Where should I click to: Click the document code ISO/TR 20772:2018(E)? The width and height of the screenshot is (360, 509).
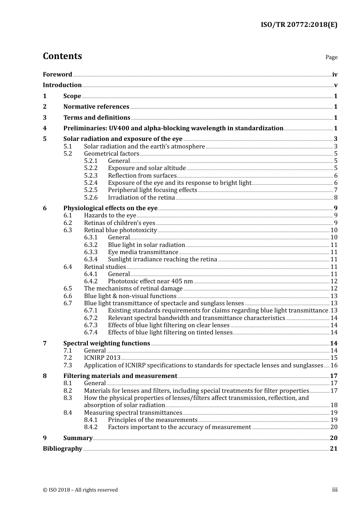(x=299, y=25)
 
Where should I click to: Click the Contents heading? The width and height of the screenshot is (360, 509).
(x=62, y=56)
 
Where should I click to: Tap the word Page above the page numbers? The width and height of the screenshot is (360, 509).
(x=331, y=57)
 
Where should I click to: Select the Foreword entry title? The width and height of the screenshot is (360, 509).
(x=57, y=75)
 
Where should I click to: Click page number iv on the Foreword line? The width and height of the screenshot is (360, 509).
(x=335, y=75)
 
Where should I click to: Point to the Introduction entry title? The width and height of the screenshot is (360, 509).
(x=62, y=85)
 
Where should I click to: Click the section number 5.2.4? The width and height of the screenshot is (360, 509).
(x=91, y=183)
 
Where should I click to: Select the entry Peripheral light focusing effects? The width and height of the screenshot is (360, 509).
(x=152, y=190)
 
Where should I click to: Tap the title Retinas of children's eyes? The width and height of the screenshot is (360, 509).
(x=119, y=223)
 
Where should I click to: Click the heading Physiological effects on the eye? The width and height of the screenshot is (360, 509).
(x=110, y=208)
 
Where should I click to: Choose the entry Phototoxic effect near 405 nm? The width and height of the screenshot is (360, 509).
(x=150, y=281)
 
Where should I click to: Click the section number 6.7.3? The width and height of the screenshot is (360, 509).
(x=91, y=325)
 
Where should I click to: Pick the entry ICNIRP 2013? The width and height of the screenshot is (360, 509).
(x=102, y=358)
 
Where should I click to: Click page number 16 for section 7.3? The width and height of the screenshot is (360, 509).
(x=334, y=365)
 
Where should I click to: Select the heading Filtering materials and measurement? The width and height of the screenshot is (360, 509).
(x=120, y=376)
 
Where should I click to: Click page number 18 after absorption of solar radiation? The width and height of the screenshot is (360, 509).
(x=334, y=405)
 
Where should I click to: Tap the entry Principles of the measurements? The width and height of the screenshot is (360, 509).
(x=152, y=420)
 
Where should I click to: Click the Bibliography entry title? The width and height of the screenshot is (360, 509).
(x=63, y=449)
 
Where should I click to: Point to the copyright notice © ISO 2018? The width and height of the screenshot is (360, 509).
(x=80, y=490)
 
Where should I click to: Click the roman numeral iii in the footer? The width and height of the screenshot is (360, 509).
(x=335, y=490)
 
